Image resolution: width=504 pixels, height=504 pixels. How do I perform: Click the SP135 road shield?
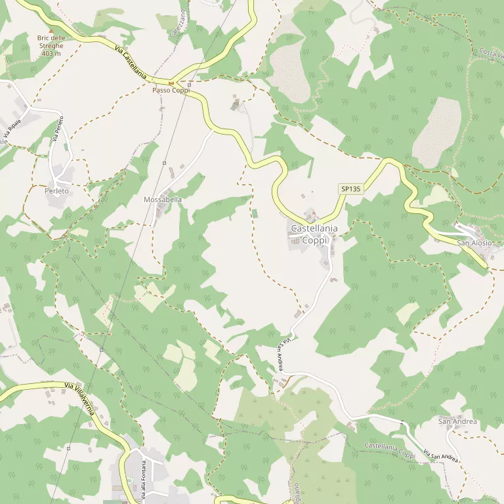(351, 189)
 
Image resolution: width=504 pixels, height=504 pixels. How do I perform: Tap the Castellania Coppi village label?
(314, 234)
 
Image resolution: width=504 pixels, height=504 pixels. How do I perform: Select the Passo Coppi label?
(171, 90)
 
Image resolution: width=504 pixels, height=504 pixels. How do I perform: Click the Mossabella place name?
(162, 199)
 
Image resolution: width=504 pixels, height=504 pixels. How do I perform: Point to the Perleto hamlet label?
(57, 191)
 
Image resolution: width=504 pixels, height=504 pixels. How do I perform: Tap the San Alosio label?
(474, 243)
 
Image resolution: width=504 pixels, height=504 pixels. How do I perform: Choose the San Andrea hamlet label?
(457, 421)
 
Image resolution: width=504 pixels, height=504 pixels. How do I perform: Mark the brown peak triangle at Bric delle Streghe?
(51, 31)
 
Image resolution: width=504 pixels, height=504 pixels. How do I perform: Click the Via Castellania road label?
(130, 62)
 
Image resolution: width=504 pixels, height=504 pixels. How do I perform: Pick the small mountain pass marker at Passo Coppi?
(171, 83)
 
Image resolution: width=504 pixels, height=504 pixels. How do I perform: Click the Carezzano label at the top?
(177, 23)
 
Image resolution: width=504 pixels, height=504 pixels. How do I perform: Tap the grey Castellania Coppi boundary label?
(390, 450)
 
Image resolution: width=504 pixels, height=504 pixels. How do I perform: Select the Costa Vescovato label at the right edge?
(491, 54)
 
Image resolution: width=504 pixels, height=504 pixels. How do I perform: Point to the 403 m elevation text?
(51, 54)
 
